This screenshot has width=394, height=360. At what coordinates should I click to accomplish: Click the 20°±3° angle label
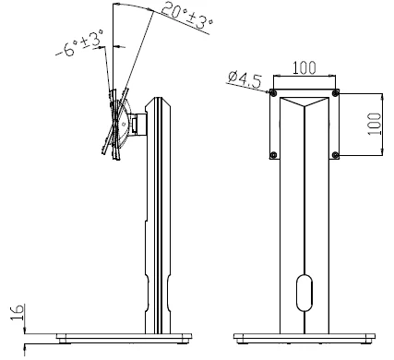point(186,15)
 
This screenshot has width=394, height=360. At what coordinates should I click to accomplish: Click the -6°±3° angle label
point(79,43)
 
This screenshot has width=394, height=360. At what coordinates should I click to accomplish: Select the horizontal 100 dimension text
point(304,67)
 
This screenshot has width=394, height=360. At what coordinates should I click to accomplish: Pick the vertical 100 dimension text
point(374,124)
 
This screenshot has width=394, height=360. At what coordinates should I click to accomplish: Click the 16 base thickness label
point(18,312)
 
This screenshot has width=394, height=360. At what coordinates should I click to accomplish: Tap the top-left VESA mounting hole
point(273,92)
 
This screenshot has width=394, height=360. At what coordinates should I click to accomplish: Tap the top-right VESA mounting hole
point(335,92)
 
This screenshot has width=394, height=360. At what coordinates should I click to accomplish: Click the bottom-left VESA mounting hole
point(273,155)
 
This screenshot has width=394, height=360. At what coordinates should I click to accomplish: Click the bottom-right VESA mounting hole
point(335,155)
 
